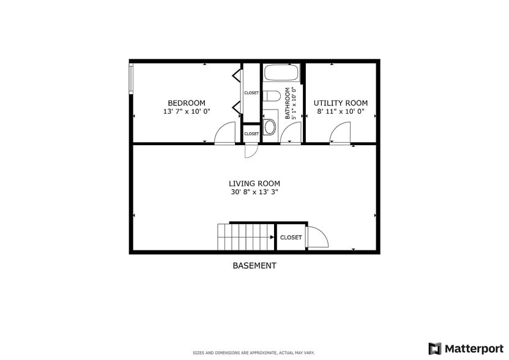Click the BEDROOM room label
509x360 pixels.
coord(187,103)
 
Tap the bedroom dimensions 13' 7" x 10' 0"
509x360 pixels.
coord(187,112)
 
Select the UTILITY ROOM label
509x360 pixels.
coord(341,103)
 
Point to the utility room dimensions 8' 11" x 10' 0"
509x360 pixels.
coord(341,112)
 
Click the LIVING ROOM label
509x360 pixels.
coord(254,183)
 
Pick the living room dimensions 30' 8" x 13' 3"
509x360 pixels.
coord(254,192)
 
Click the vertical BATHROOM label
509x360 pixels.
coord(287,103)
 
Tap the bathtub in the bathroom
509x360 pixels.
coord(281,73)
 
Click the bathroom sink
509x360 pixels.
coord(269,127)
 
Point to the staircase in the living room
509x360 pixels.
coord(245,237)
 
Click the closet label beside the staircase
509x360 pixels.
coord(291,238)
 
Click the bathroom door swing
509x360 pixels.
coord(292,133)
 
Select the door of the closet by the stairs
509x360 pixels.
coord(316,238)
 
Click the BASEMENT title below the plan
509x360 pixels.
coord(254,266)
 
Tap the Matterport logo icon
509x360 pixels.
coord(435,348)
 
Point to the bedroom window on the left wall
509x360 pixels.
coord(130,78)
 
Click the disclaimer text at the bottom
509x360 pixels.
coord(254,353)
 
